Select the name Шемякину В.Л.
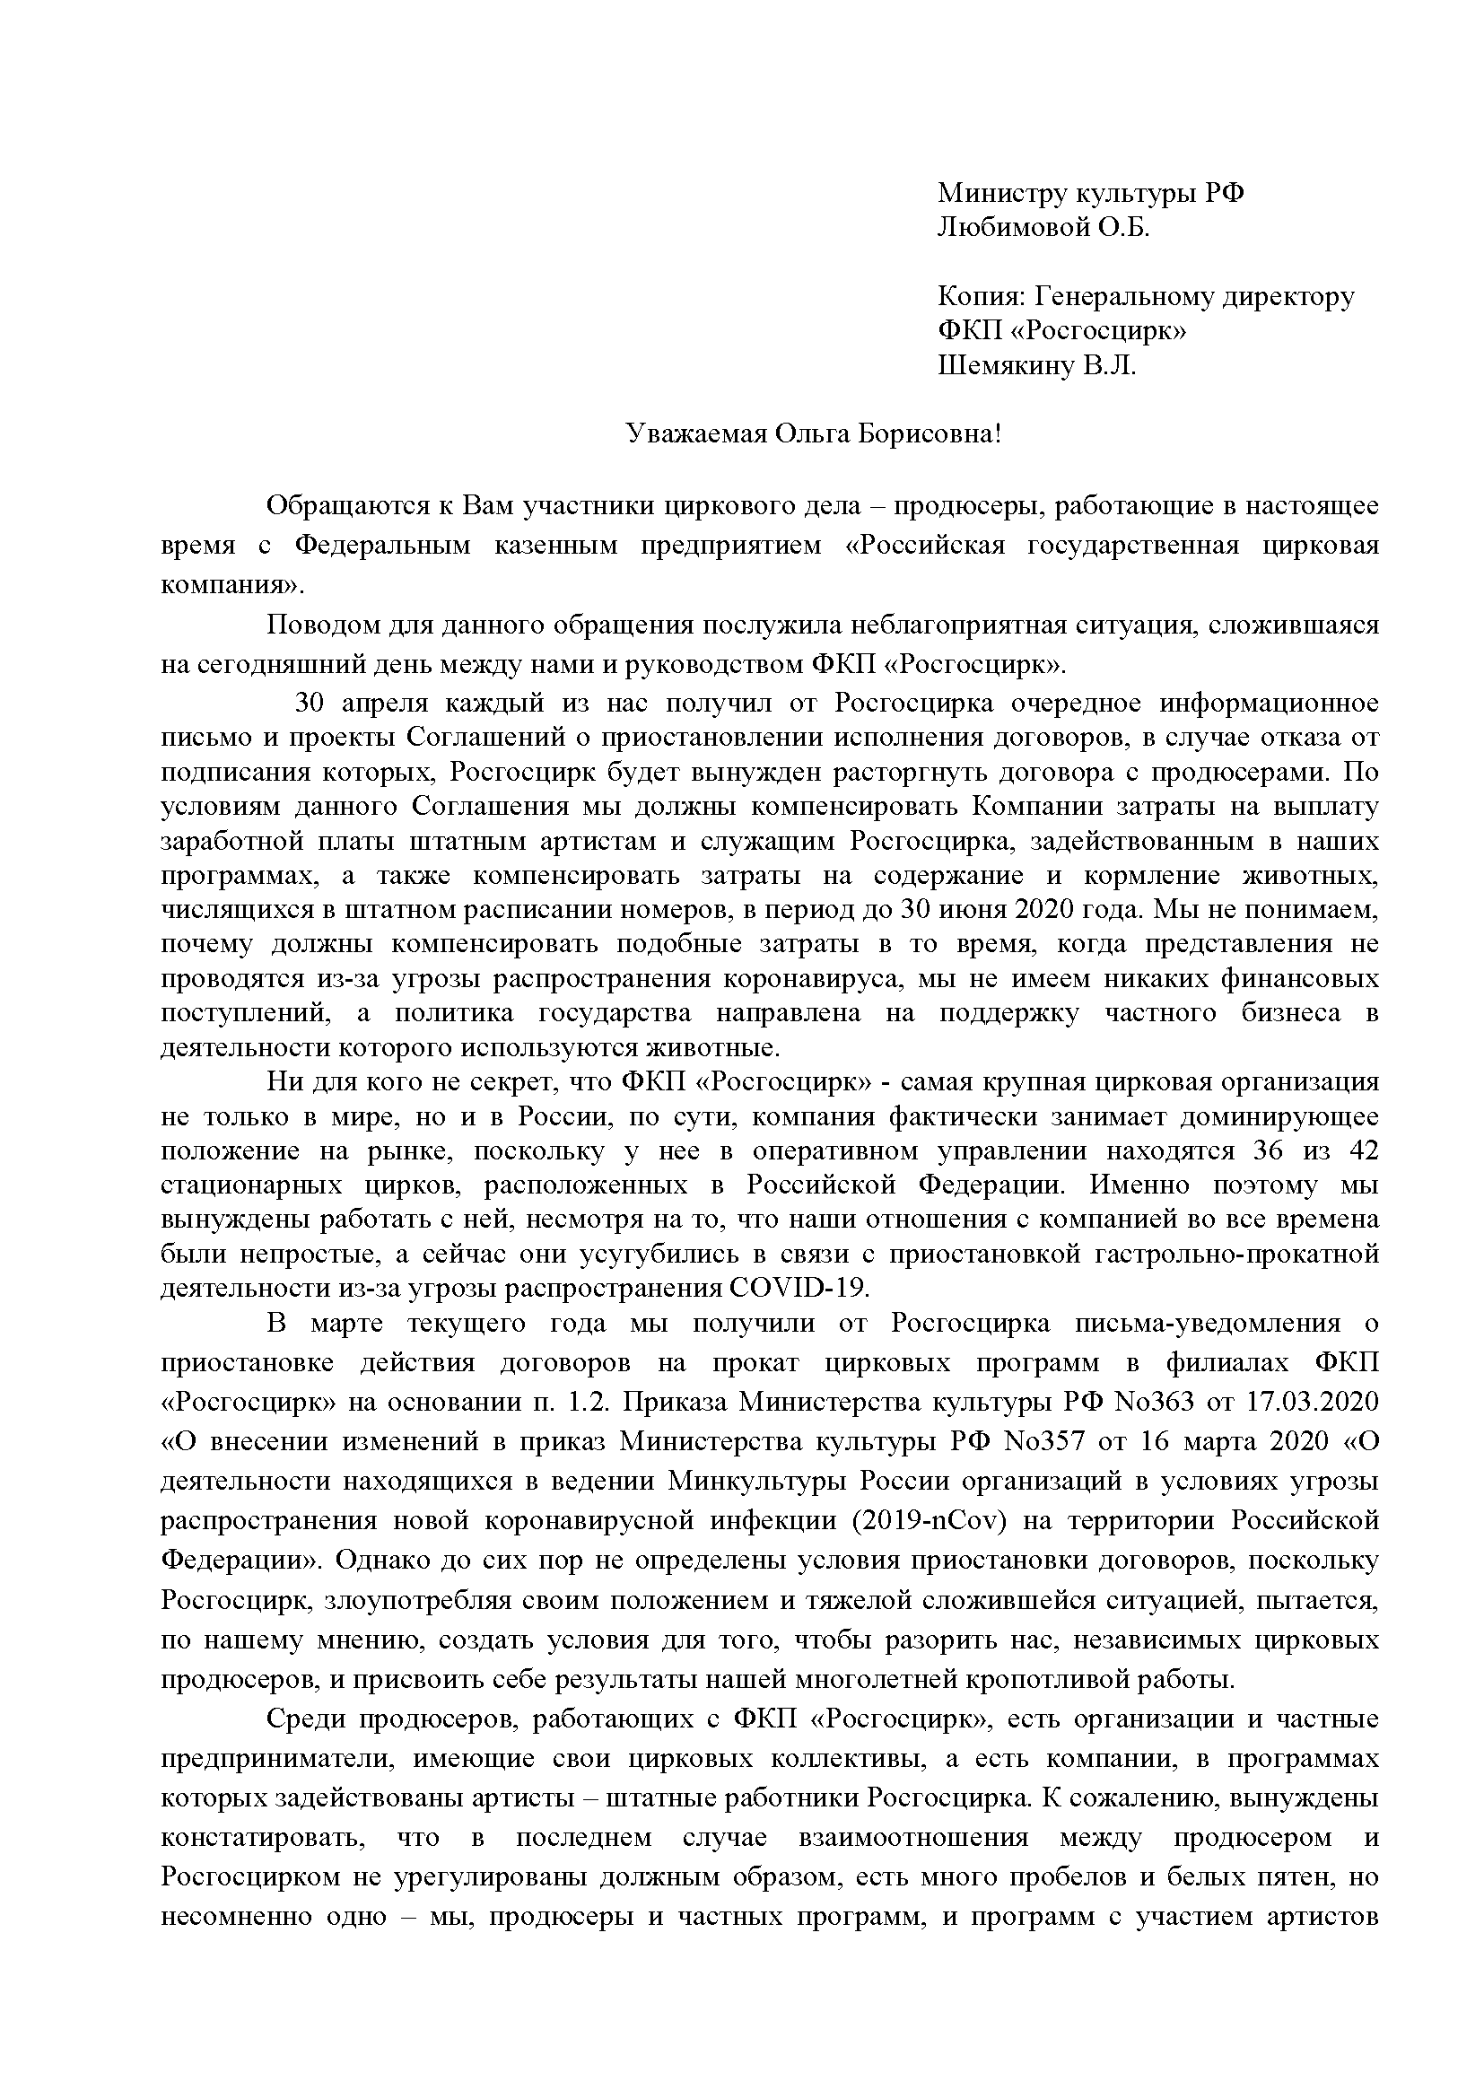[1037, 367]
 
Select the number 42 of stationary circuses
[1362, 1151]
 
